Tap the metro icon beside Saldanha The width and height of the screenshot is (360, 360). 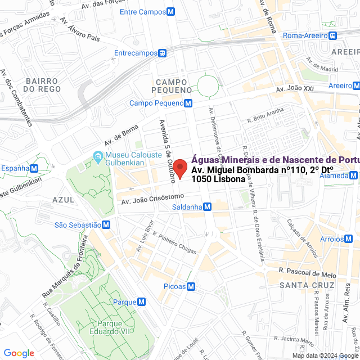[x=208, y=207]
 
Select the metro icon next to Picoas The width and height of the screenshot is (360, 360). [x=191, y=286]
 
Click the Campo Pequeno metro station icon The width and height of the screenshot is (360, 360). [x=188, y=103]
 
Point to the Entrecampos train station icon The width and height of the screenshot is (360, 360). [x=163, y=53]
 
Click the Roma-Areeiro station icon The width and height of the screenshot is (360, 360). [x=333, y=35]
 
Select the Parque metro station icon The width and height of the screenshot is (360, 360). [x=141, y=302]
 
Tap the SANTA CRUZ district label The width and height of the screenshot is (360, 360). [x=303, y=285]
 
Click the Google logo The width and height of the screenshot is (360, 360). [x=19, y=353]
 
